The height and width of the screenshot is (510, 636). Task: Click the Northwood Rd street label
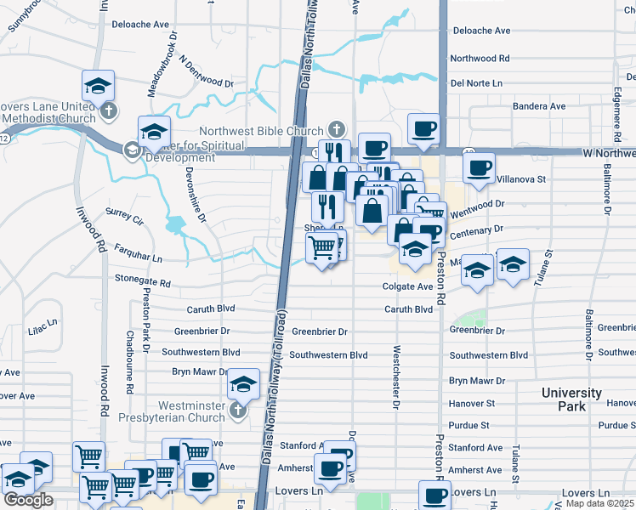tap(480, 59)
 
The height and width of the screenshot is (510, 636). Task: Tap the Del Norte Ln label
tap(477, 83)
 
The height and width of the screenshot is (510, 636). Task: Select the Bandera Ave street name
tap(538, 106)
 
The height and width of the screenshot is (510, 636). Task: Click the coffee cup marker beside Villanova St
tap(480, 167)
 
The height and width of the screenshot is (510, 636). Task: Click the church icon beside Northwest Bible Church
tap(338, 130)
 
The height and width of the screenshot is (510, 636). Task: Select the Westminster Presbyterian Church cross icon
tap(237, 411)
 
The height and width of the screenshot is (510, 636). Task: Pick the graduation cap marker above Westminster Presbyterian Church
tap(244, 384)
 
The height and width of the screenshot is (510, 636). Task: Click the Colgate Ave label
tap(407, 287)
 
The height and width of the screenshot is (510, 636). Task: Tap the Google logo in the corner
tap(28, 500)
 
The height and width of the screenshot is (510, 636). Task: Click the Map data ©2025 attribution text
tap(600, 504)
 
